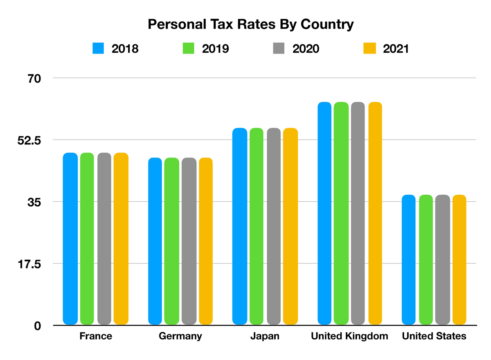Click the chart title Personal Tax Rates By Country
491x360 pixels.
pyautogui.click(x=250, y=24)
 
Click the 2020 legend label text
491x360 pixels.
pyautogui.click(x=306, y=48)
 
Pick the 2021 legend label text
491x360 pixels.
pyautogui.click(x=396, y=48)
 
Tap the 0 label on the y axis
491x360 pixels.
pyautogui.click(x=37, y=326)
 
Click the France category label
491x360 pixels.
pyautogui.click(x=95, y=336)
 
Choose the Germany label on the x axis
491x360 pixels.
pyautogui.click(x=180, y=336)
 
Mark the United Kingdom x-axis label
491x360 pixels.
pyautogui.click(x=349, y=336)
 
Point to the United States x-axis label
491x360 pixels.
pyautogui.click(x=434, y=336)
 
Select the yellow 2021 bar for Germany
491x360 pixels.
pyautogui.click(x=206, y=241)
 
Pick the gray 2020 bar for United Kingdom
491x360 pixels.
pyautogui.click(x=358, y=213)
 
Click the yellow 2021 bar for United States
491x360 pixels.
pyautogui.click(x=459, y=259)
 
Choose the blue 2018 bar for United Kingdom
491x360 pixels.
pyautogui.click(x=324, y=213)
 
